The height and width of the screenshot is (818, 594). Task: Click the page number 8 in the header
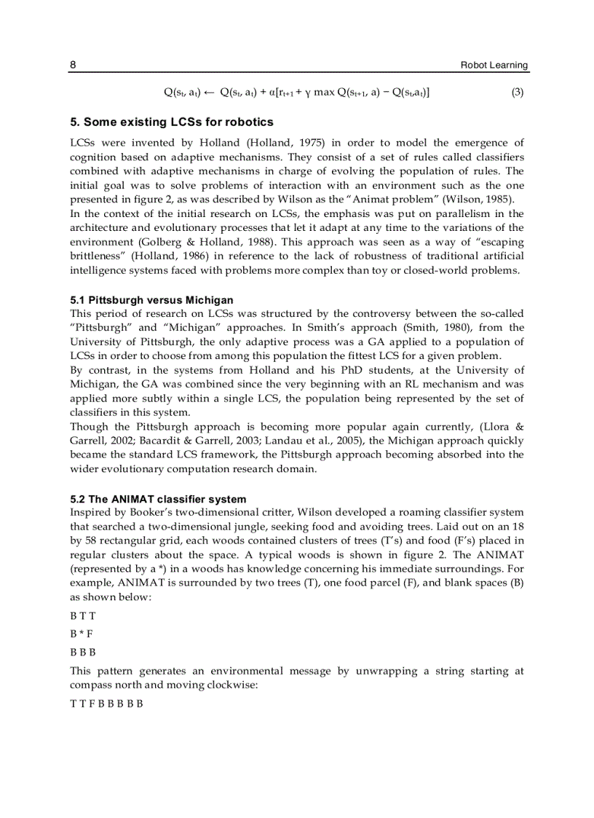(73, 65)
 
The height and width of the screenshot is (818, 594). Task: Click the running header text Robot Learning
(494, 65)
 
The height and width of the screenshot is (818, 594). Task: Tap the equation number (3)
(517, 93)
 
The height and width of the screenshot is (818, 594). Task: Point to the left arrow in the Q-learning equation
(207, 93)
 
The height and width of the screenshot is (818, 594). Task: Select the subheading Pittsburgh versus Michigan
(151, 300)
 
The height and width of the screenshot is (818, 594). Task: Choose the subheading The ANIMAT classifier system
(158, 499)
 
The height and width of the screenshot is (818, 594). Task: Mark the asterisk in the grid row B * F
(82, 634)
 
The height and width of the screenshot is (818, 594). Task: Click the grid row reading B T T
(83, 616)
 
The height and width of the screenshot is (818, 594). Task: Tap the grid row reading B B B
(83, 652)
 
